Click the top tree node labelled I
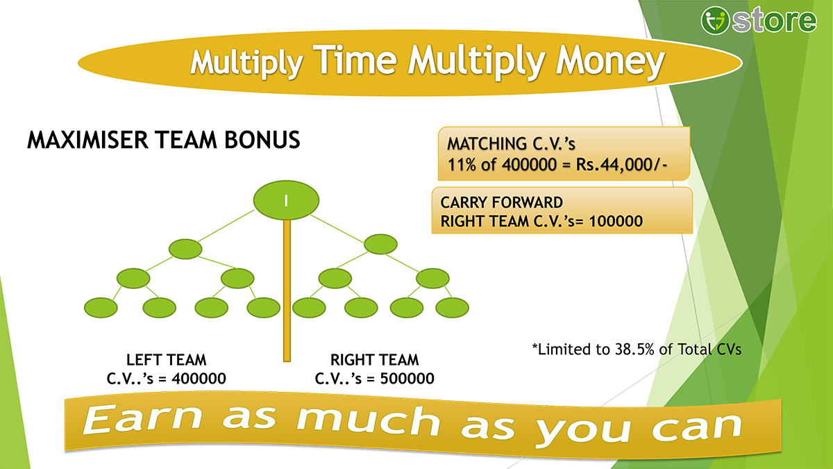click(x=286, y=200)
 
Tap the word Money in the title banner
click(x=610, y=62)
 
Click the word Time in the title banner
click(x=355, y=60)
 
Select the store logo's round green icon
click(x=714, y=20)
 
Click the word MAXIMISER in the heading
click(x=87, y=140)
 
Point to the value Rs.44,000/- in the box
click(x=622, y=165)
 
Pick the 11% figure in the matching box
click(x=462, y=165)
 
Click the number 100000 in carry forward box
click(x=616, y=221)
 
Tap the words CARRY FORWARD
click(x=502, y=202)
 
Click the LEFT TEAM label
click(x=166, y=360)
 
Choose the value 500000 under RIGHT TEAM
click(x=407, y=379)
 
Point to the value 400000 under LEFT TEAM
click(x=199, y=379)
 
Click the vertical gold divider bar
click(x=287, y=290)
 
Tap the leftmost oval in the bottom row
click(x=101, y=308)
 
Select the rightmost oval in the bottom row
click(x=452, y=308)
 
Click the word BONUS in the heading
click(x=262, y=140)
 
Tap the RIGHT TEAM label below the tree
click(x=374, y=360)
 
